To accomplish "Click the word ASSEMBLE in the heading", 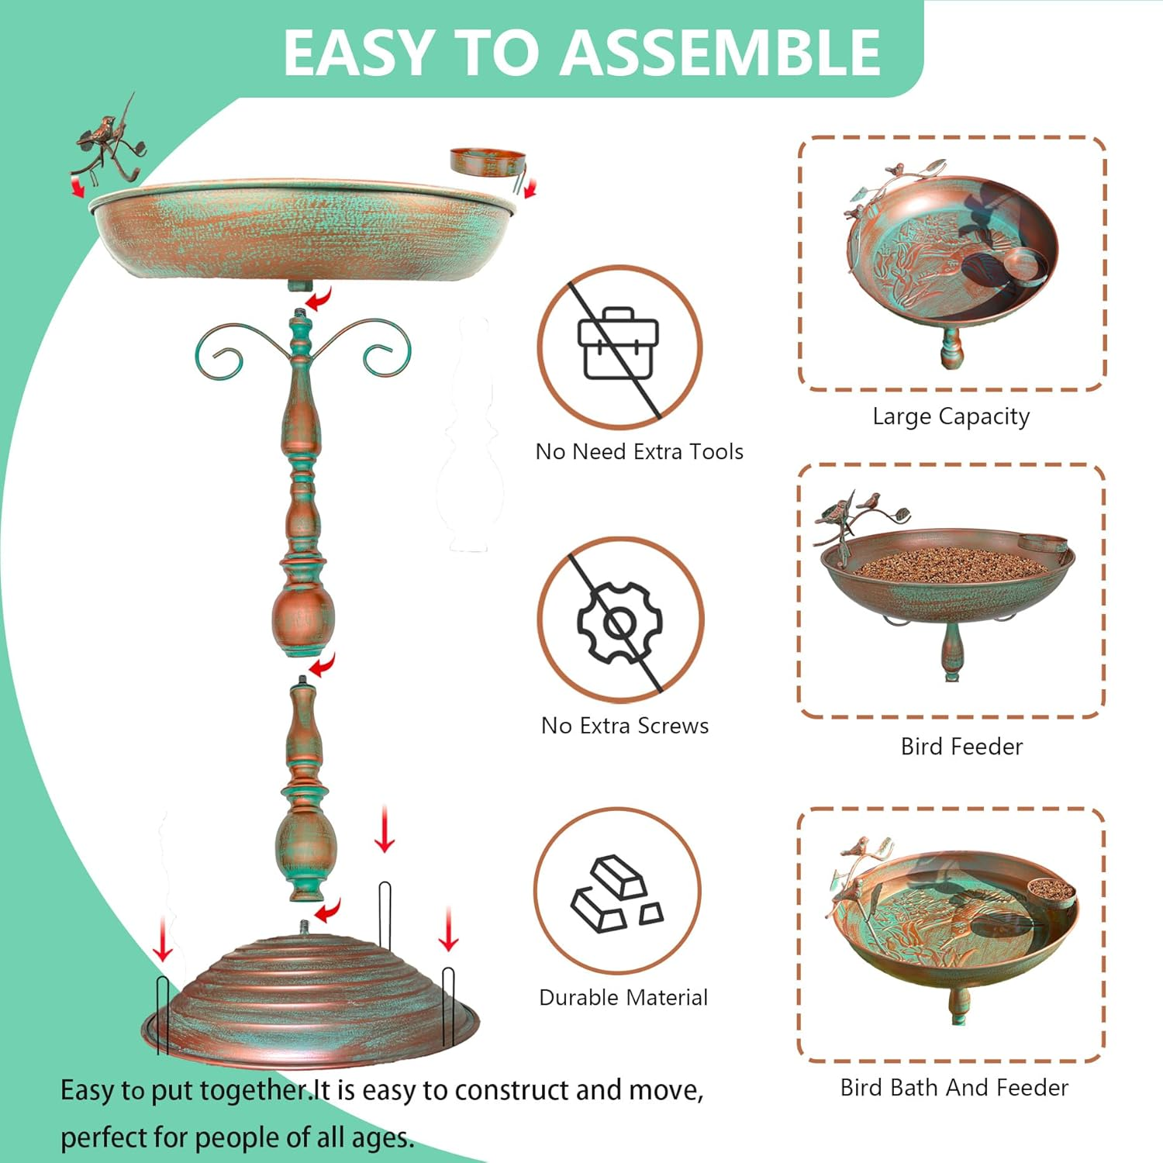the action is tap(721, 53).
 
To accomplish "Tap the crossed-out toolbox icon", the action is tap(619, 347).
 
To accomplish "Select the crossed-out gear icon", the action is tap(619, 620).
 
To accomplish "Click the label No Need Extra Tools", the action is tap(640, 451).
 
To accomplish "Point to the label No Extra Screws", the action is tap(625, 726).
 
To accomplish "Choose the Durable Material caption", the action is tap(623, 997).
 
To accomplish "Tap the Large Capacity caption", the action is tap(951, 417).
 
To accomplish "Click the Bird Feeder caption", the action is tap(961, 747).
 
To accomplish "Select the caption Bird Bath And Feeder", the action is tap(954, 1088).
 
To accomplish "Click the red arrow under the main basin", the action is tap(319, 298).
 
